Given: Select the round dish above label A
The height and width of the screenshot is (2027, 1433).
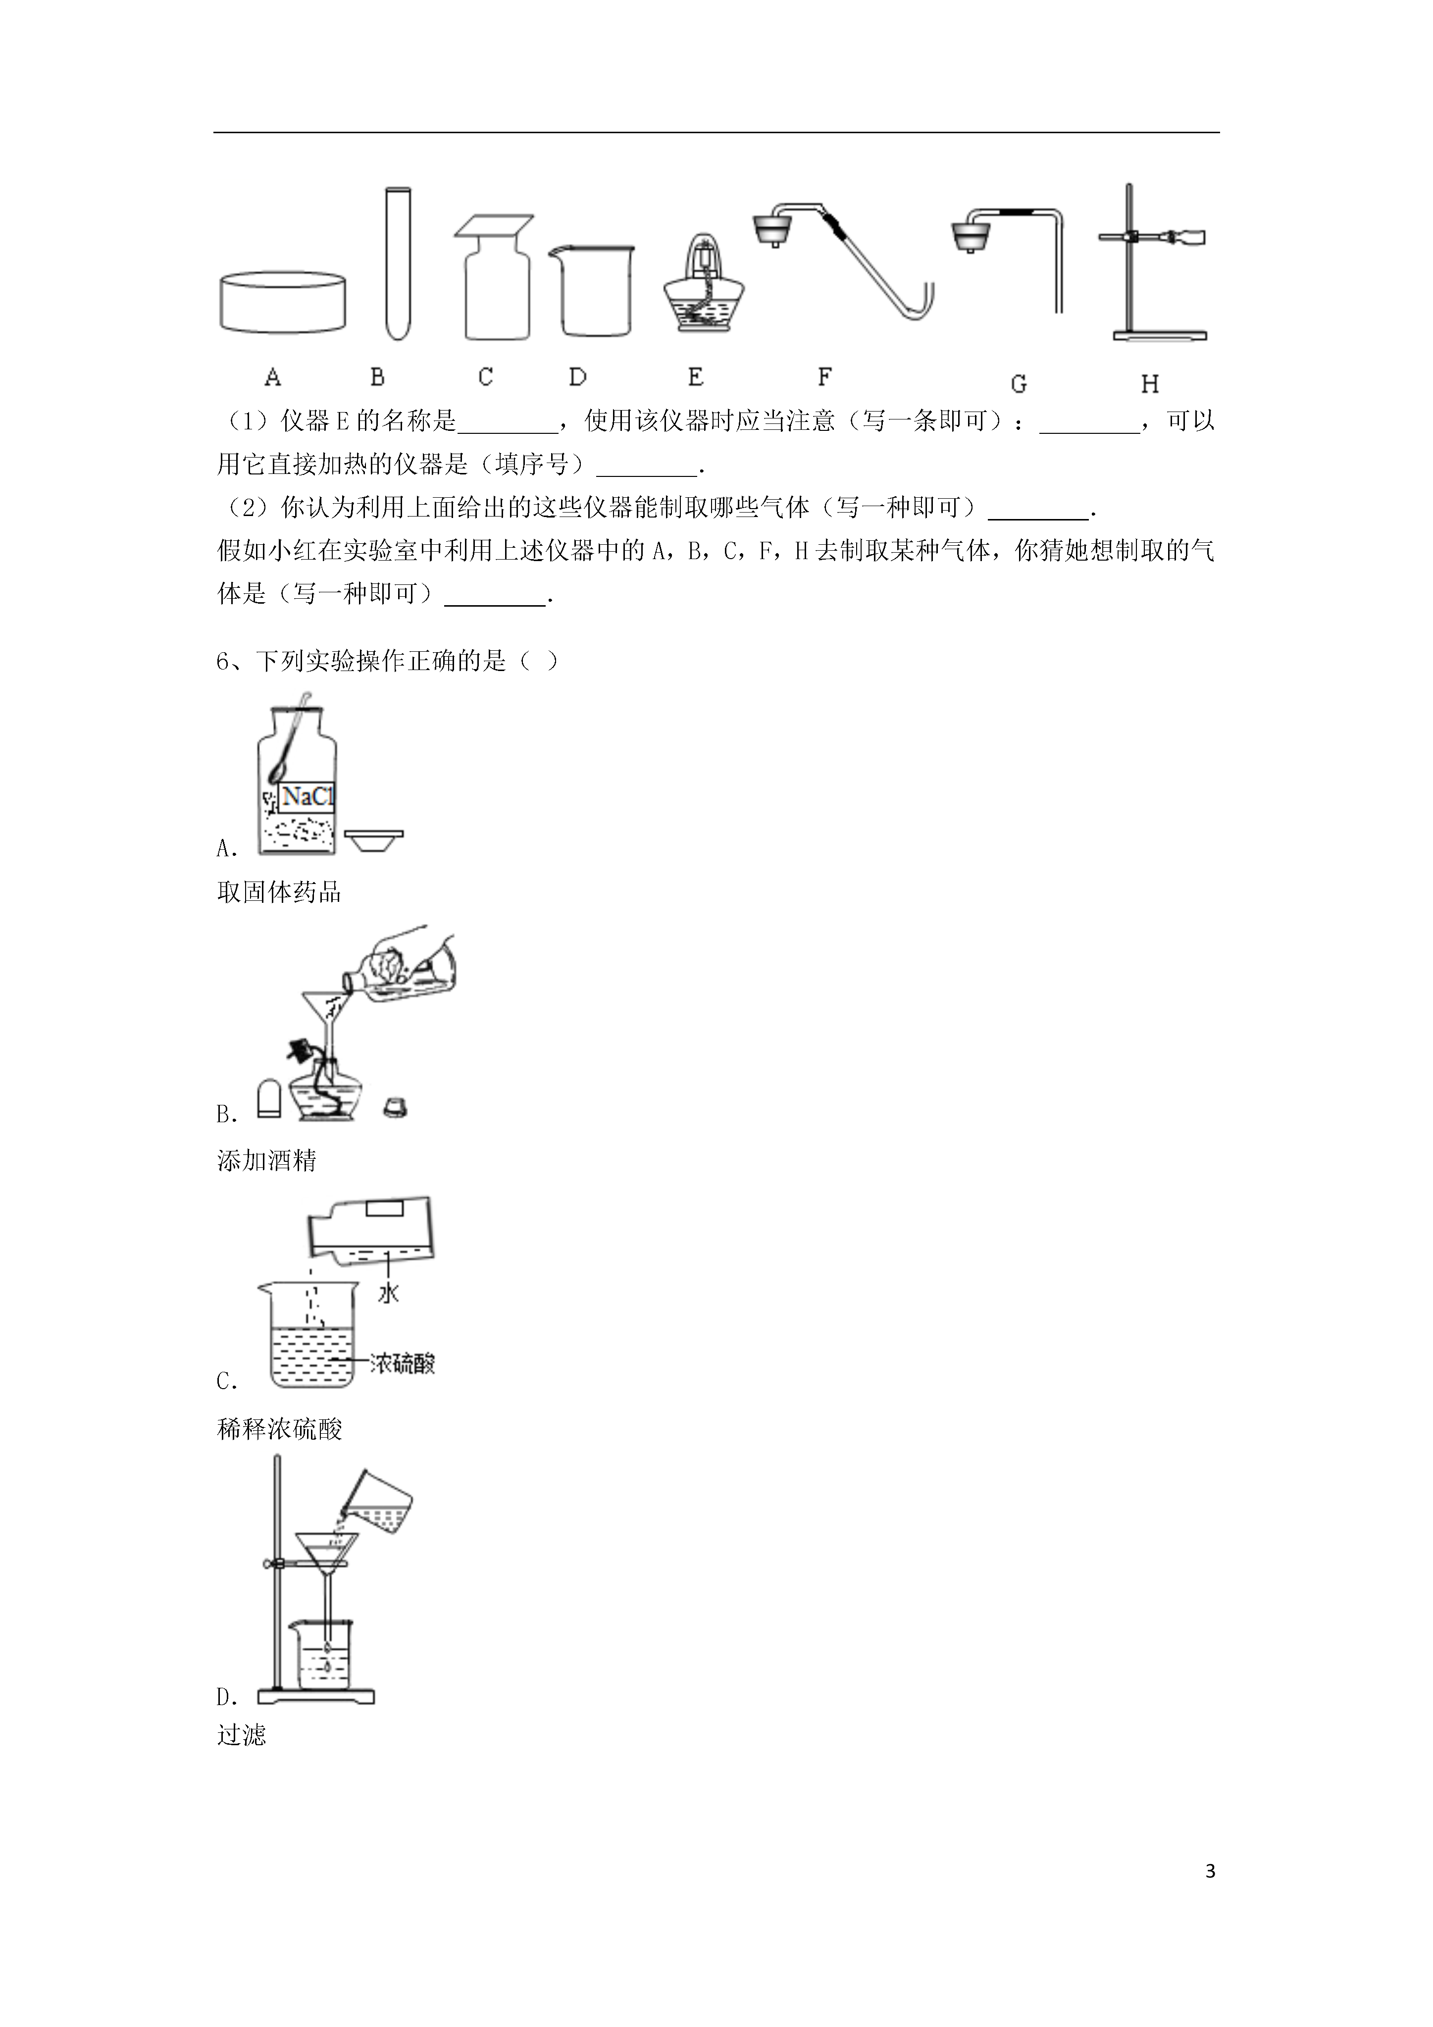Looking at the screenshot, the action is point(282,303).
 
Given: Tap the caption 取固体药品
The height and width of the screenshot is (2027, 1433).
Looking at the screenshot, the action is point(279,892).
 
